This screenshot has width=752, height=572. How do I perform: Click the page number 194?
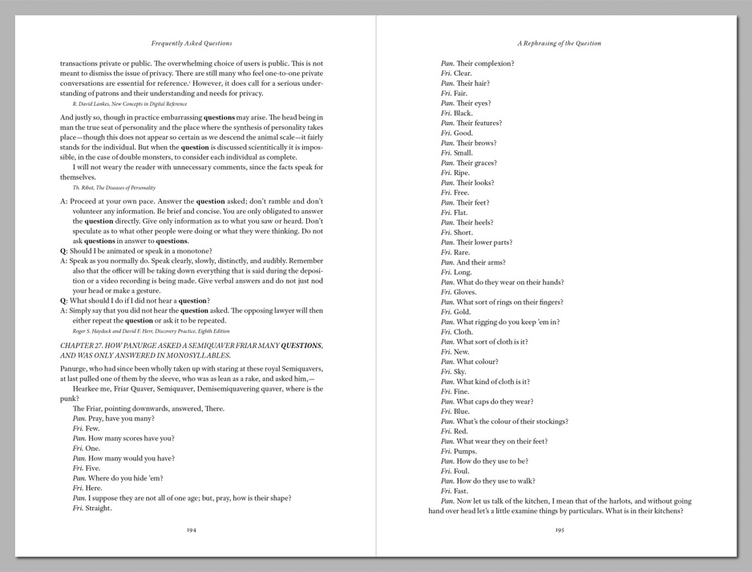pos(192,529)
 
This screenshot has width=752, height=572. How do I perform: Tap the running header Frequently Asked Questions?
pos(192,43)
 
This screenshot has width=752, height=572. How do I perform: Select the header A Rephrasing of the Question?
pos(560,43)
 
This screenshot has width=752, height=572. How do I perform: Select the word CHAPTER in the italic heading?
pos(77,346)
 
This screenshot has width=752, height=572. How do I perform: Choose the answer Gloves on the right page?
pos(464,292)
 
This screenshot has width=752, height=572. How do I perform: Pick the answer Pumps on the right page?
pos(464,452)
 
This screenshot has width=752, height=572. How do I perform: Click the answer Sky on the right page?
pos(460,372)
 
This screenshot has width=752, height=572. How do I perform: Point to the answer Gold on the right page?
pos(462,312)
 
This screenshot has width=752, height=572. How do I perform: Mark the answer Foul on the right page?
pos(461,472)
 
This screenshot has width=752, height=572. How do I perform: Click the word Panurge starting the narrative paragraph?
pos(75,369)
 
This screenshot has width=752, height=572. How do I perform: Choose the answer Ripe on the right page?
pos(462,173)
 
